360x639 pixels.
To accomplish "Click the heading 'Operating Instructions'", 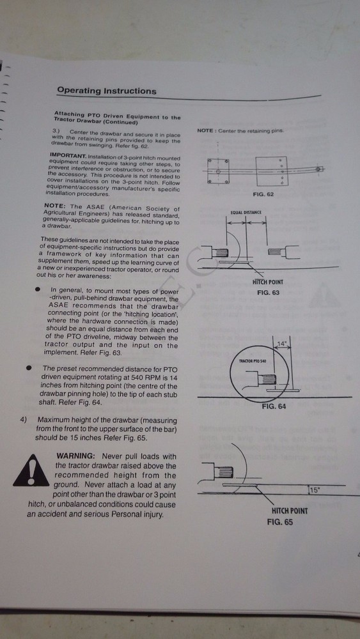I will (106, 91).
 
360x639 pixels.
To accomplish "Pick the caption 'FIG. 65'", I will (279, 521).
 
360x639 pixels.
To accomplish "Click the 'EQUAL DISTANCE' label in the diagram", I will (247, 212).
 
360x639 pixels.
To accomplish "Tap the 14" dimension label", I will (281, 344).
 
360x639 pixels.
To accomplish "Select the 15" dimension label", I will (314, 490).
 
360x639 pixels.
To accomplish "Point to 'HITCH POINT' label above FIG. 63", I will (268, 282).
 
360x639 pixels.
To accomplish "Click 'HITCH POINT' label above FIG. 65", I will (290, 511).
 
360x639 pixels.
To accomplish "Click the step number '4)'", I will (23, 420).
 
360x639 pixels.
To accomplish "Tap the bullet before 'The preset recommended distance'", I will (30, 369).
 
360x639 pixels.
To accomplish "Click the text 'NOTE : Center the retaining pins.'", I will (240, 130).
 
